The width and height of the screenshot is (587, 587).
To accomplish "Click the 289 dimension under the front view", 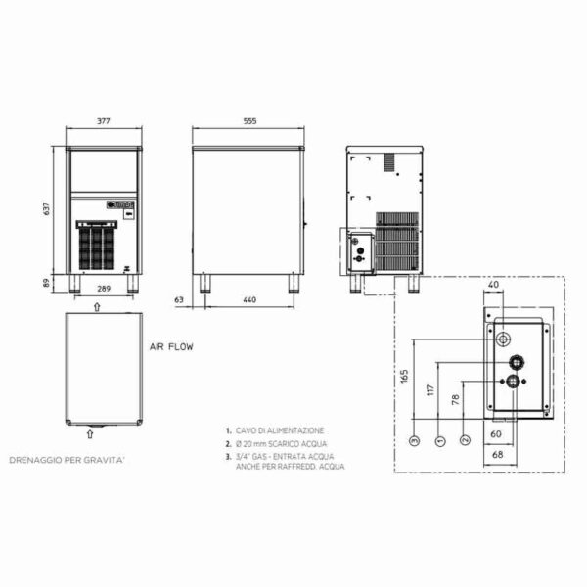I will pyautogui.click(x=104, y=291).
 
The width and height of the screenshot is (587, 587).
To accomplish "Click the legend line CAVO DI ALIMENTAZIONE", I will pyautogui.click(x=275, y=429).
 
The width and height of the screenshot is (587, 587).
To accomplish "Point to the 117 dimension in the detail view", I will pyautogui.click(x=429, y=389).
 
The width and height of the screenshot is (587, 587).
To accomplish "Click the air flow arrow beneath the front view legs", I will pyautogui.click(x=95, y=305).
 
